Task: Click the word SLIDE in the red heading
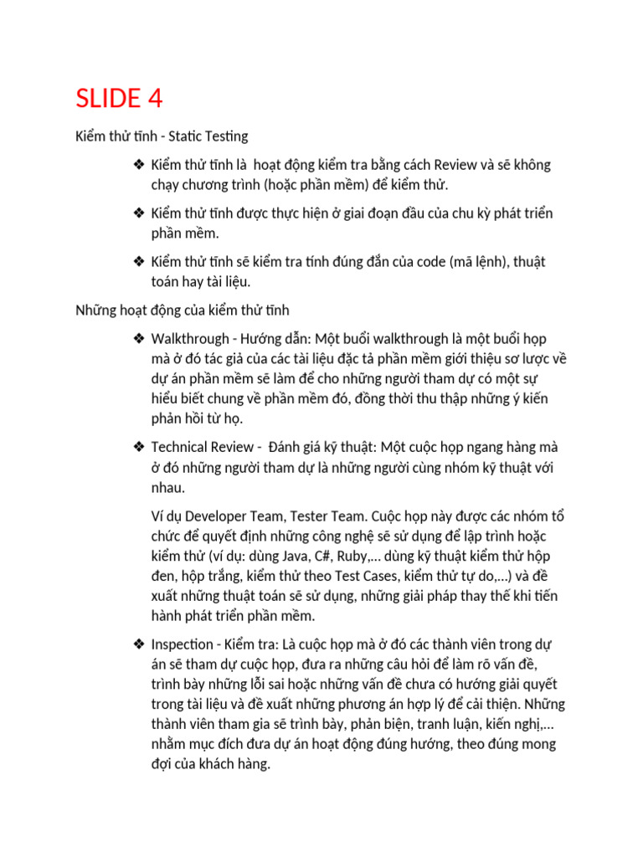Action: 107,99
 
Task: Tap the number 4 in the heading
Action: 153,99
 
